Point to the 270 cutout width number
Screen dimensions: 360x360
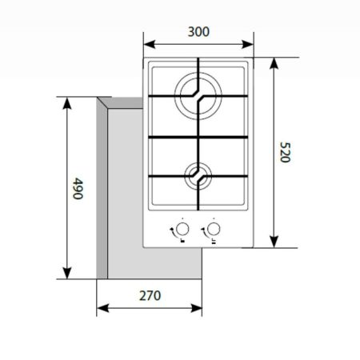coord(149,295)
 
